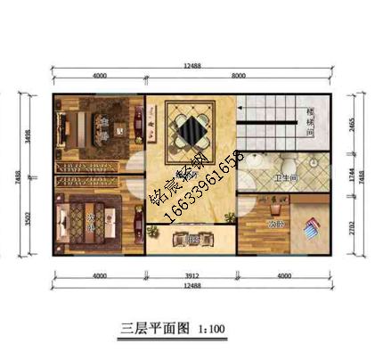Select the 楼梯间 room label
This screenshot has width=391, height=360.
pos(311,122)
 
